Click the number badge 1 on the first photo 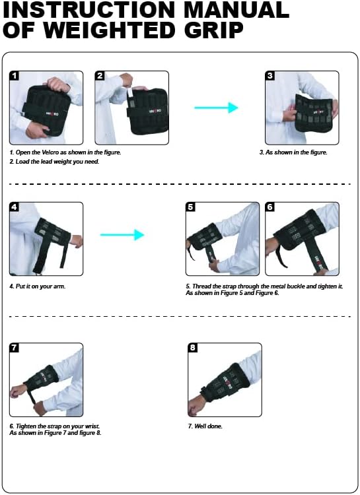coord(15,76)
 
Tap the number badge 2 coord(100,76)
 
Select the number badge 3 coord(270,76)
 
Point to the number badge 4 coord(15,207)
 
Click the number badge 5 coord(191,207)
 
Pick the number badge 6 coord(270,207)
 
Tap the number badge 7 coord(15,348)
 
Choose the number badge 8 coord(193,348)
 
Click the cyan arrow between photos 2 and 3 coord(216,108)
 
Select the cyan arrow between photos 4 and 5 coord(122,234)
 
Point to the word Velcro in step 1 coord(50,152)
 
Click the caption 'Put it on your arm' coord(37,286)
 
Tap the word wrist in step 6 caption coord(92,426)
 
